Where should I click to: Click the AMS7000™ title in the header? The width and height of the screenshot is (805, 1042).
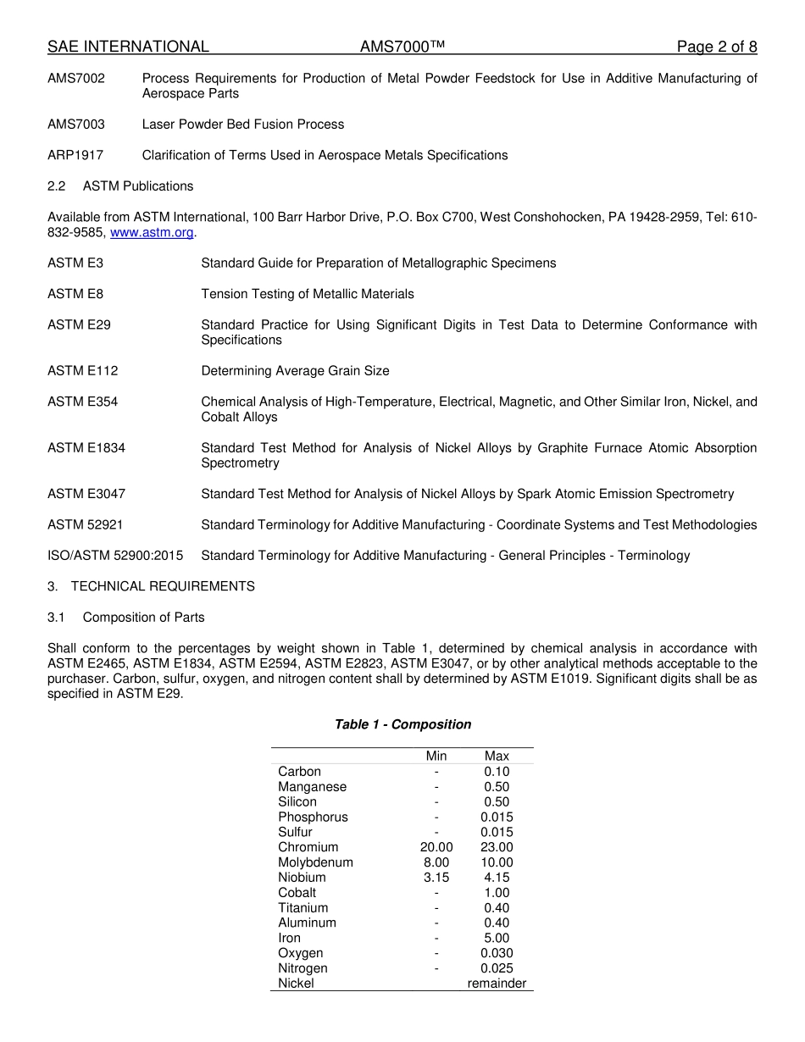(402, 47)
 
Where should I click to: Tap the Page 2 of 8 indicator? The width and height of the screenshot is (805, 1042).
(716, 47)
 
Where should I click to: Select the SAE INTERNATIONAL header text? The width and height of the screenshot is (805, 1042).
(128, 47)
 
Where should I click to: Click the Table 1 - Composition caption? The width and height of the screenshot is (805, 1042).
(402, 724)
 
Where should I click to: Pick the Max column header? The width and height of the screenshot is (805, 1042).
(497, 756)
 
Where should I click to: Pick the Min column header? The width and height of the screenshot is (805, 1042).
(436, 756)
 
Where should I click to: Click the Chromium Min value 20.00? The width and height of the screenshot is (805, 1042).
(436, 847)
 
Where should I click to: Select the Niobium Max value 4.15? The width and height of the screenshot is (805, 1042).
(497, 878)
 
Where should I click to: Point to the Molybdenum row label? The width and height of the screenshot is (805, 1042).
(315, 862)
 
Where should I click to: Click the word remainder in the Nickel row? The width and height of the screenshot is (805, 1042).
(497, 984)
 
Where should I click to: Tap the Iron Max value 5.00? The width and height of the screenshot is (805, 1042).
(497, 938)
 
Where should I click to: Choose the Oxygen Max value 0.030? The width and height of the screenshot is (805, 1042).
(497, 953)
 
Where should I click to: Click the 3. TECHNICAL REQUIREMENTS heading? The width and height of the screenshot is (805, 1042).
(151, 586)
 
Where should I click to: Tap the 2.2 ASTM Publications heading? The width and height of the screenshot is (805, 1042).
(120, 186)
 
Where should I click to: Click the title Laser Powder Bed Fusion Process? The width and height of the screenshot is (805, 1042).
(243, 125)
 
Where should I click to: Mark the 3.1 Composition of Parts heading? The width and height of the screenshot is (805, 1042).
(125, 618)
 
